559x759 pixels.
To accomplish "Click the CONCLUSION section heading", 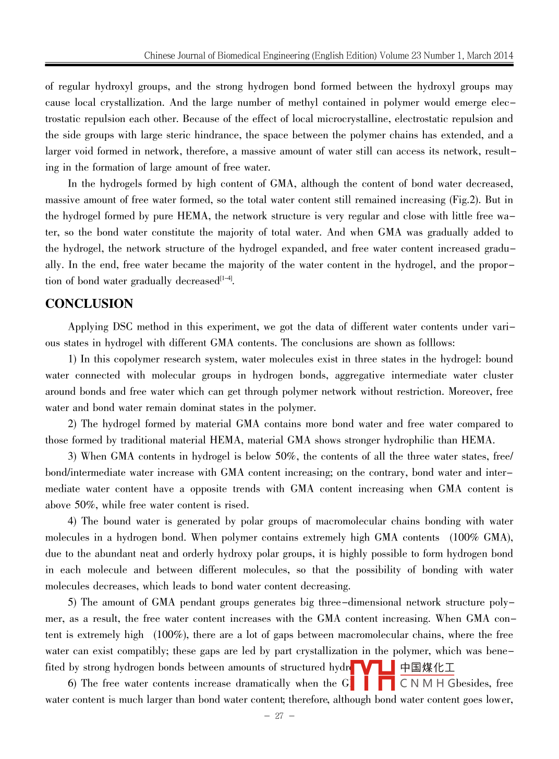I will click(89, 304).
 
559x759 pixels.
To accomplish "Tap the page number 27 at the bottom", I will click(279, 716).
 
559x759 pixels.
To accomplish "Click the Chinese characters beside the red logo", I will click(427, 668).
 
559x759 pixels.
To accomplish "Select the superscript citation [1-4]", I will click(227, 279).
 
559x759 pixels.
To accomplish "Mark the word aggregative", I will click(360, 376).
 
